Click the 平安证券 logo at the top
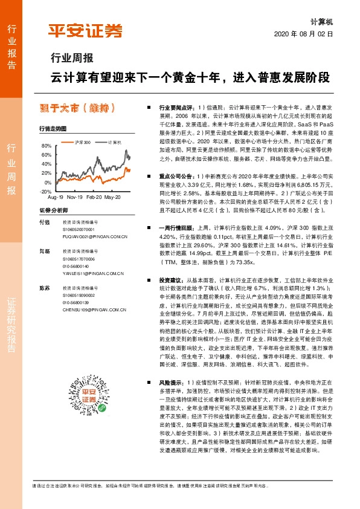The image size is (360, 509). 85,30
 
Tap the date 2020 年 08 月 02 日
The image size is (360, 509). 307,34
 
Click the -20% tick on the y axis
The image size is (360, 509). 45,191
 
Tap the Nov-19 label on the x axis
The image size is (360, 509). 75,198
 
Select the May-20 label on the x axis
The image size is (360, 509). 113,198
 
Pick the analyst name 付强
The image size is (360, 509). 44,222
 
